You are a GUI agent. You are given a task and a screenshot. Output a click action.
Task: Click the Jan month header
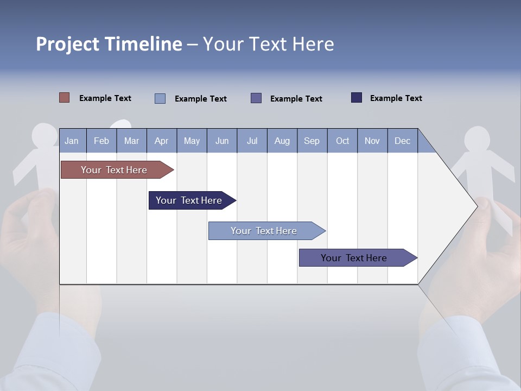click(x=72, y=141)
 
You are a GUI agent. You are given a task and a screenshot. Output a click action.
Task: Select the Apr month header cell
click(x=162, y=141)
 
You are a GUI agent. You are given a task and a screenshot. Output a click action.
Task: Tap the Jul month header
click(x=252, y=141)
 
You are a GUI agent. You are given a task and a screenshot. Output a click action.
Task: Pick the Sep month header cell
click(x=312, y=141)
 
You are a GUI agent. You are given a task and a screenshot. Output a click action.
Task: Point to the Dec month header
click(x=402, y=141)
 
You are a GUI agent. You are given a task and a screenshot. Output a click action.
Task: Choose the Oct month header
click(x=342, y=141)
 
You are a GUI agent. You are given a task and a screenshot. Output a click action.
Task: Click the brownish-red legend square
click(x=65, y=98)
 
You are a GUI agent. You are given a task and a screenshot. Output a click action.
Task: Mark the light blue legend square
click(x=160, y=98)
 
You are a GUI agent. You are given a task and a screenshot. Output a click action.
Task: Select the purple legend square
click(x=256, y=98)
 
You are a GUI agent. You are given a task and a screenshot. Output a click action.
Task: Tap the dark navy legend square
click(x=357, y=98)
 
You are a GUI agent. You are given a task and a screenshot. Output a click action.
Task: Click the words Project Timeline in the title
click(x=109, y=44)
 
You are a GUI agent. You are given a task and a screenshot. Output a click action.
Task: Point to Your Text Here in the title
click(x=269, y=44)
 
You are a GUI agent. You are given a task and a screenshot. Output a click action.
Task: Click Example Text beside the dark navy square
click(x=396, y=98)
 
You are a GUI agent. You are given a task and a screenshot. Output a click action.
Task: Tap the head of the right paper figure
click(x=477, y=139)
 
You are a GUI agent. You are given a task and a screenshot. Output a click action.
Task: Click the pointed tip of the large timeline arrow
click(x=477, y=205)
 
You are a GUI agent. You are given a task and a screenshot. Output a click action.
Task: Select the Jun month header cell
click(x=222, y=141)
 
